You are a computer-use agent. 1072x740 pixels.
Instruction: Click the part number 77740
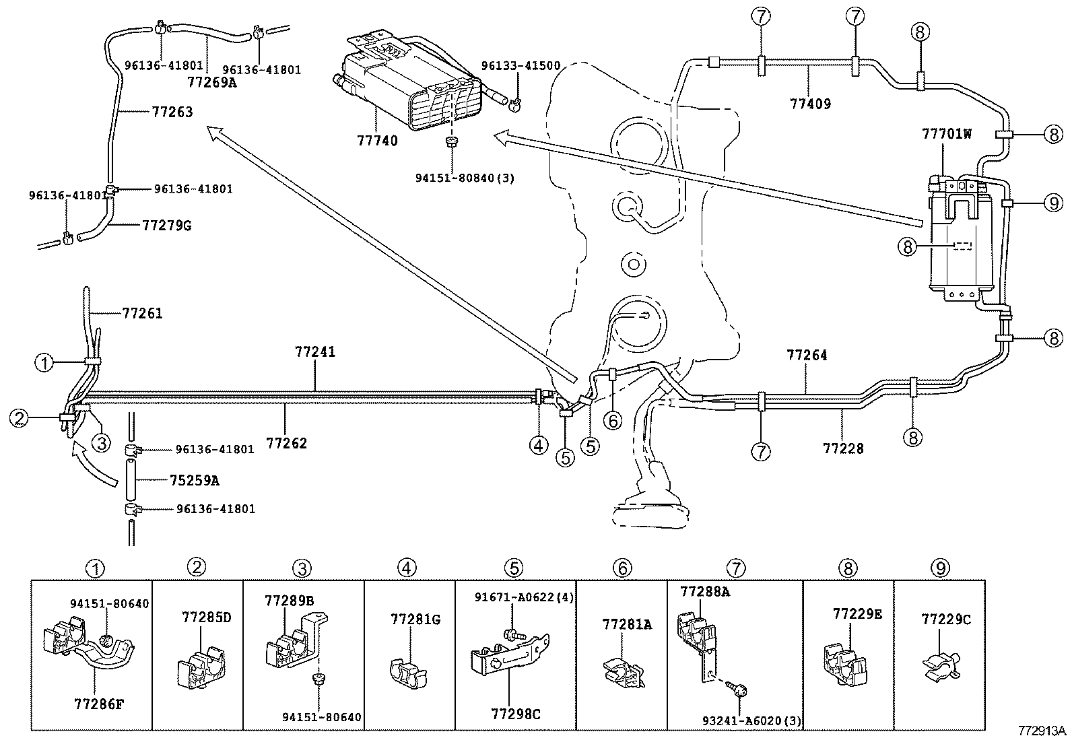[x=377, y=141]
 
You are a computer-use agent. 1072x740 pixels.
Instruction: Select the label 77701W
[x=946, y=134]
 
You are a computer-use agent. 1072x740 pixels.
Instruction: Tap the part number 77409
[x=810, y=104]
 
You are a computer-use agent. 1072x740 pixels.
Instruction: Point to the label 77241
[x=314, y=351]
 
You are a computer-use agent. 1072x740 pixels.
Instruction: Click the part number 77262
[x=286, y=443]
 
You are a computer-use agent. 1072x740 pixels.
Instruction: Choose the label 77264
[x=807, y=355]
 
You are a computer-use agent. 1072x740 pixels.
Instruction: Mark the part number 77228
[x=843, y=448]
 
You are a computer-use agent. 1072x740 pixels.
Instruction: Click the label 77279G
[x=167, y=225]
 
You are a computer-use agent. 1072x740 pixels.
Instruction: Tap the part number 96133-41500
[x=521, y=66]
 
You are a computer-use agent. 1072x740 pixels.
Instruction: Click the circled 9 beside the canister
[x=1054, y=202]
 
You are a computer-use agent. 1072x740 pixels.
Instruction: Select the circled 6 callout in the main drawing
[x=612, y=420]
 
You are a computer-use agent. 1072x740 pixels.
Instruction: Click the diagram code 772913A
[x=1042, y=731]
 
